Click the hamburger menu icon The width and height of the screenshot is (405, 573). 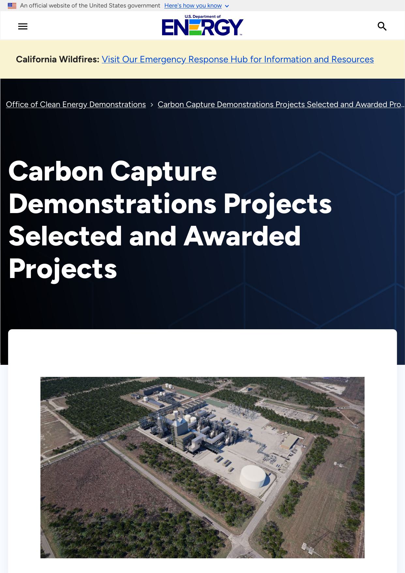[x=23, y=26]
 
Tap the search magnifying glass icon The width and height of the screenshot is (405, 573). [x=382, y=26]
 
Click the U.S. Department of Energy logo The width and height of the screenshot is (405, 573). [x=202, y=25]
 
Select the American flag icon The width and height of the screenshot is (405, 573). [x=12, y=6]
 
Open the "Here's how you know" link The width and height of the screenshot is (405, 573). [x=193, y=6]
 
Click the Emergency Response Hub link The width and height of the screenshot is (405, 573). [x=238, y=59]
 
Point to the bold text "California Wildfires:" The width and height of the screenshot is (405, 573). [x=58, y=59]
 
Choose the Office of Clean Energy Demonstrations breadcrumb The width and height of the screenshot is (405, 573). [x=76, y=104]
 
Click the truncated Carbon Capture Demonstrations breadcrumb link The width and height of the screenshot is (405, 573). [x=281, y=104]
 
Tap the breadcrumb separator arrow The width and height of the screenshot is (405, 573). [x=152, y=105]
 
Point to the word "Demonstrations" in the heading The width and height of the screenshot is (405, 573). [x=112, y=204]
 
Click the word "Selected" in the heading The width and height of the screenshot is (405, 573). [x=65, y=236]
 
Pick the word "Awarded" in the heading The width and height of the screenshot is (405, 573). [x=242, y=236]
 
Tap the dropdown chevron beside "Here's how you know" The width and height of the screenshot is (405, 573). [x=227, y=6]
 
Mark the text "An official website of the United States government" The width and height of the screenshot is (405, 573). [x=90, y=6]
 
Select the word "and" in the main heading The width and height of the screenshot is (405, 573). [x=153, y=236]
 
